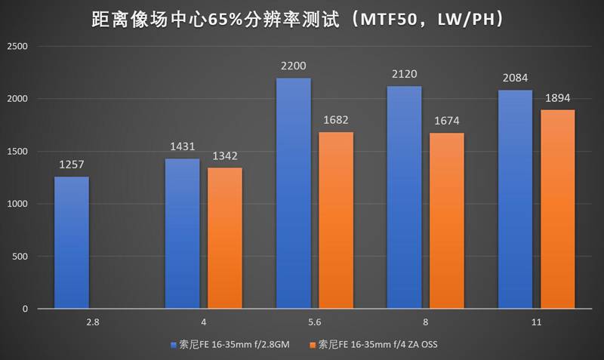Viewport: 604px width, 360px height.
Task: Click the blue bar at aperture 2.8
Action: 72,242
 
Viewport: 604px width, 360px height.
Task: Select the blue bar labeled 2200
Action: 293,193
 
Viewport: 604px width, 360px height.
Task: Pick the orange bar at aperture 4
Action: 225,238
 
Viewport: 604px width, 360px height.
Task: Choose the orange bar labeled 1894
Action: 558,209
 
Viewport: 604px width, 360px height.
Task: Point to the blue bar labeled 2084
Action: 515,199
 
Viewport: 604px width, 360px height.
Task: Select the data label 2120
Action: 405,74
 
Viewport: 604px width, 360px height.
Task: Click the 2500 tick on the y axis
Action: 17,47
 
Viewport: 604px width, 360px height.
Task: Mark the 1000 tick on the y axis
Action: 17,205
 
